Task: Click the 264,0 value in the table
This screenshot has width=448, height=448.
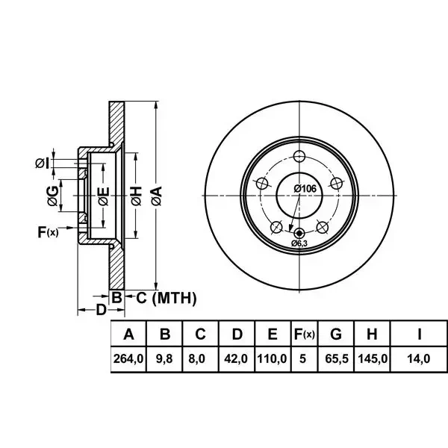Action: point(128,358)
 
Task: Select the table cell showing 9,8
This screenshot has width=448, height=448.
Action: point(164,358)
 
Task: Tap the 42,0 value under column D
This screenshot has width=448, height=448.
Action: point(236,358)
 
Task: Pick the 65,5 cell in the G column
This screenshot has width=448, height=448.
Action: point(337,358)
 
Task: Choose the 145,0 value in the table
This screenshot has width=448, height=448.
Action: point(373,358)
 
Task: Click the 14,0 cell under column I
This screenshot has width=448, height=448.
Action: point(419,358)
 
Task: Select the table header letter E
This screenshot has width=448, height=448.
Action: point(273,334)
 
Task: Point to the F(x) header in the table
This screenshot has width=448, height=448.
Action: point(305,334)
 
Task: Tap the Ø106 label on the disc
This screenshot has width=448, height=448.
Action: point(305,189)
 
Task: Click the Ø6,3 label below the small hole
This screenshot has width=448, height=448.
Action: point(299,243)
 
